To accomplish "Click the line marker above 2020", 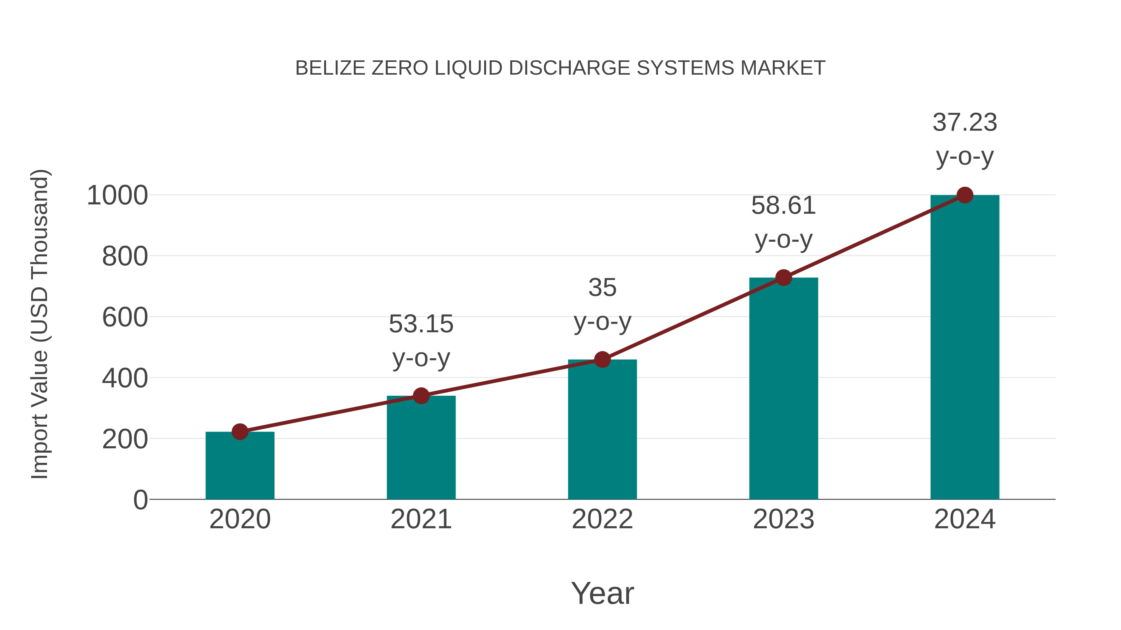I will tap(240, 432).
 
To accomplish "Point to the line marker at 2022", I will tap(602, 360).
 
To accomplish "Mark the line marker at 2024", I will tap(965, 195).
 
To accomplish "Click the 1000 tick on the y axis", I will tap(117, 196).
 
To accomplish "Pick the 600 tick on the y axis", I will tap(125, 317).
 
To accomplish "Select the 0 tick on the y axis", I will tap(140, 500).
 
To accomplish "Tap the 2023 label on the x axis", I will tap(783, 519).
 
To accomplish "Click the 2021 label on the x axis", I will tap(421, 519).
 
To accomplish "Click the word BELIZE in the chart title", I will tap(330, 68).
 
